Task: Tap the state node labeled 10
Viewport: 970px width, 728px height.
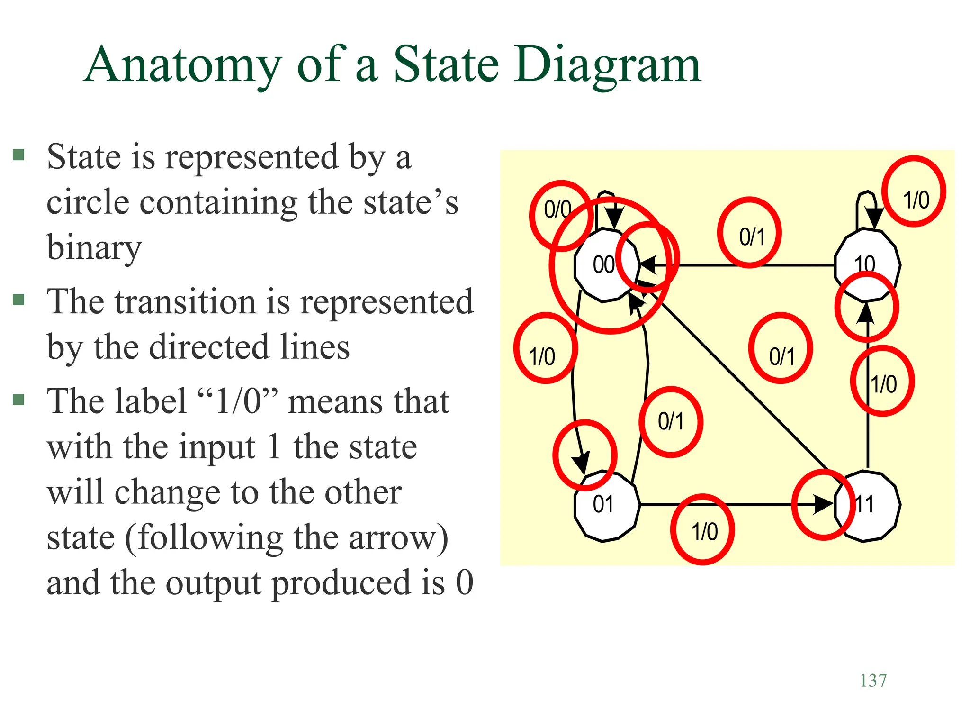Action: coord(866,264)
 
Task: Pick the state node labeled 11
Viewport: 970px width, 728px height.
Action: coord(867,505)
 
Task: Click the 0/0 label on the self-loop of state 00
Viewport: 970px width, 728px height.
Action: coord(557,209)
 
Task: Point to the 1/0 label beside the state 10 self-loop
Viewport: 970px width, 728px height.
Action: coord(916,200)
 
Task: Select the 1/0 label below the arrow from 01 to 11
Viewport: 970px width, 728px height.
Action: coord(704,532)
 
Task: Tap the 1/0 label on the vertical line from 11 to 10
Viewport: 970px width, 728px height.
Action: coord(884,384)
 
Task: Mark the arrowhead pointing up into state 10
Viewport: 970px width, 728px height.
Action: coord(867,313)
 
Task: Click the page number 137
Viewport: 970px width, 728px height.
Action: coord(873,681)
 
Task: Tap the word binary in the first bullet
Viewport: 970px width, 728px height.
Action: coord(94,247)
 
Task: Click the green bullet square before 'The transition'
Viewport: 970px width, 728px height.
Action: coord(18,300)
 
